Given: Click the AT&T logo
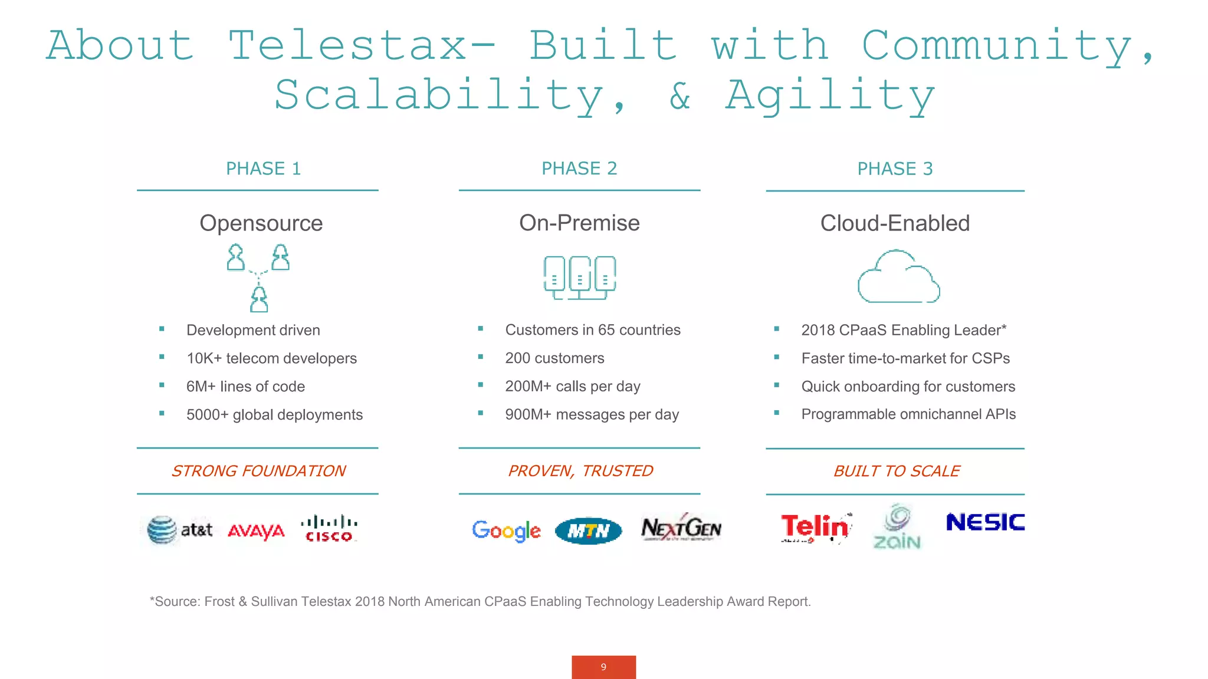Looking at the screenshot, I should (179, 529).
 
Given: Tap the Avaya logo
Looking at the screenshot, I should (256, 531).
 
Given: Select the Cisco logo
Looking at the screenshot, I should (329, 529).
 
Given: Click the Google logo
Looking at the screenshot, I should (506, 530).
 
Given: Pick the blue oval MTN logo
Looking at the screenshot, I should (588, 531).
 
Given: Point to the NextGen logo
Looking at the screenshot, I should (681, 528).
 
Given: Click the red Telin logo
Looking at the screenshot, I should (815, 527).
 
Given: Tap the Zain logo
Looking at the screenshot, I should (897, 527).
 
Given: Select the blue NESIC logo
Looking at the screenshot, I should (985, 522).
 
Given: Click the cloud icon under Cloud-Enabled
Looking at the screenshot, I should (898, 277).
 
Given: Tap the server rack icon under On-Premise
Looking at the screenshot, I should (579, 277).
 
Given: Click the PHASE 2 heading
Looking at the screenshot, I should (579, 169).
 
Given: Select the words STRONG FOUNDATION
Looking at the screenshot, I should (258, 471).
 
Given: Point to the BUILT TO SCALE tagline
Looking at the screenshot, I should (897, 471).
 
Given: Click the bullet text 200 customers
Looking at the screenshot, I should (554, 358).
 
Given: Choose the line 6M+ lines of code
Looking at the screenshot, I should (245, 387).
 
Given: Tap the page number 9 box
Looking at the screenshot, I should (603, 667).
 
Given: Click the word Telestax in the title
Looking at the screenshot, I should (348, 45).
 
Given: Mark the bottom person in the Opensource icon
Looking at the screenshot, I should (259, 299).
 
